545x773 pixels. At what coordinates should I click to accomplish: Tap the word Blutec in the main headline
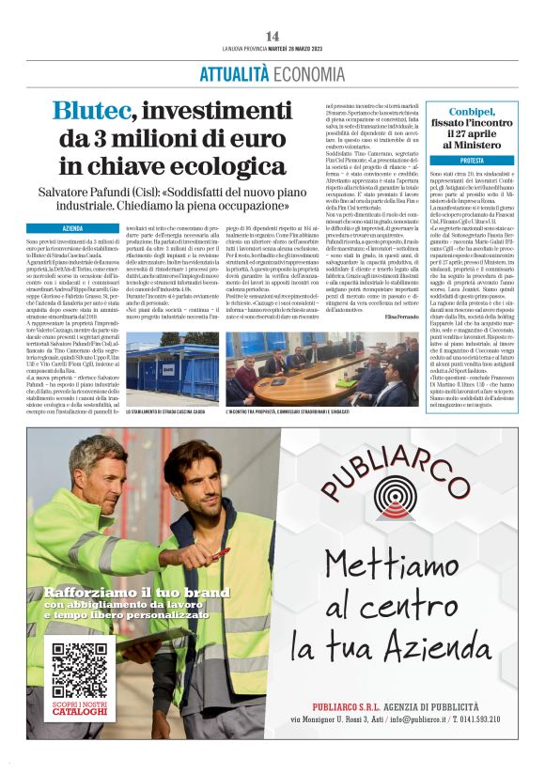coord(90,111)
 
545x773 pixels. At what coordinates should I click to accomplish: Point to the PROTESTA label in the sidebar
coord(473,161)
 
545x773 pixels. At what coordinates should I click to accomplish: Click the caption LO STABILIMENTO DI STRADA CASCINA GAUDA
coord(175,411)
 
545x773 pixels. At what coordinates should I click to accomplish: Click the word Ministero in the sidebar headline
coord(472,146)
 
